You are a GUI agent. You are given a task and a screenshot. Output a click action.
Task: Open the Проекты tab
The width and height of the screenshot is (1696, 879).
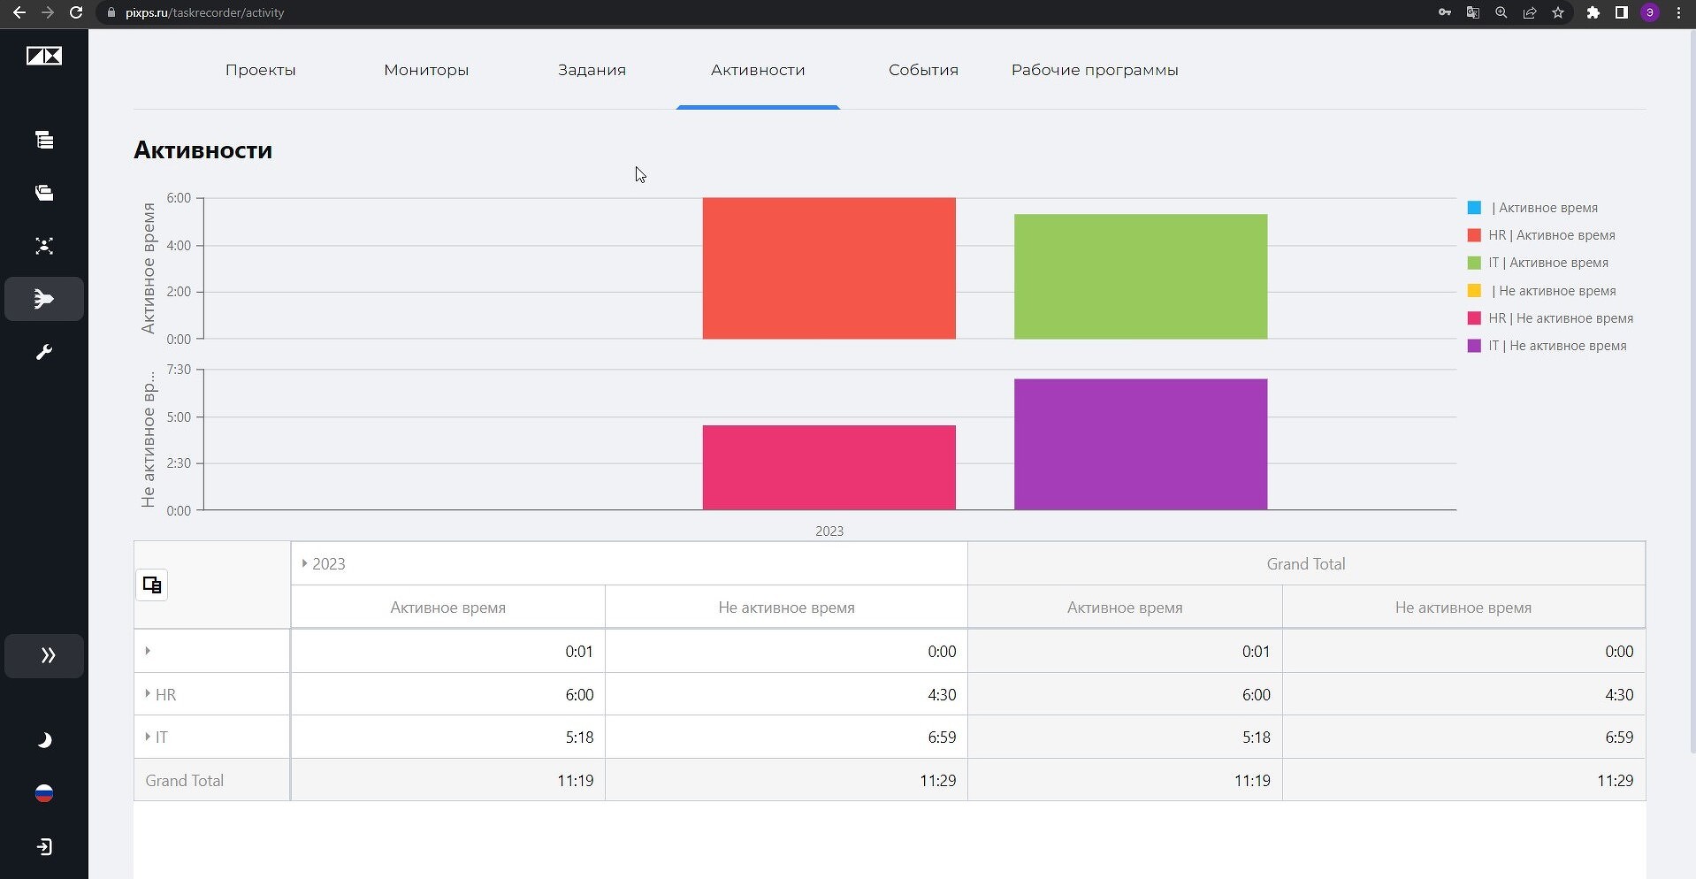click(x=260, y=70)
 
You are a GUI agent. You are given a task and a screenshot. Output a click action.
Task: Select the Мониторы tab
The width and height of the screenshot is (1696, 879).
click(x=426, y=70)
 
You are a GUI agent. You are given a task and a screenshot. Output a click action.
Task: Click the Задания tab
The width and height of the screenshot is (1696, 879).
click(x=592, y=70)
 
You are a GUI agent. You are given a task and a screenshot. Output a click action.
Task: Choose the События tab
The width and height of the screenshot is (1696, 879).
click(x=923, y=70)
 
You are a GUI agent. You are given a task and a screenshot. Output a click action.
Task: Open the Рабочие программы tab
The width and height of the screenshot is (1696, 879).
click(x=1095, y=70)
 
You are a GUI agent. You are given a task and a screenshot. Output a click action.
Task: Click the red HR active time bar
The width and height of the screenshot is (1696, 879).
click(x=829, y=268)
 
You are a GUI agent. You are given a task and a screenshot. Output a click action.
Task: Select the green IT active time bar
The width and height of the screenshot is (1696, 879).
click(x=1141, y=277)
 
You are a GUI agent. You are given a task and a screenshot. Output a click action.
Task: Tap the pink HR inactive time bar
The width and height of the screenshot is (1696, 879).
click(x=829, y=468)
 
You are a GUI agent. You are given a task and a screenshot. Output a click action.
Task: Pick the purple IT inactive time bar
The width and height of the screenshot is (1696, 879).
click(x=1141, y=445)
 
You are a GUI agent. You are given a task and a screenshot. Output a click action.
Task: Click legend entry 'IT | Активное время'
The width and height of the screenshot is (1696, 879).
click(x=1547, y=263)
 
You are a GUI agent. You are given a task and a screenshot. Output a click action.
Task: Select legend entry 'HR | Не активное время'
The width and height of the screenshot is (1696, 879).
click(x=1560, y=318)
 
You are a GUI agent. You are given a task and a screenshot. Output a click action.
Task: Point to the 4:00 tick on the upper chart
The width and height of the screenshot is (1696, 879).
click(x=179, y=245)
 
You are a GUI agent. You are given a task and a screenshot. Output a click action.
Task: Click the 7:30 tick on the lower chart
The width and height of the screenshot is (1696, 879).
click(x=179, y=369)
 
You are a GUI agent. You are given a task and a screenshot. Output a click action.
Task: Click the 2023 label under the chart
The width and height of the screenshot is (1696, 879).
click(x=829, y=531)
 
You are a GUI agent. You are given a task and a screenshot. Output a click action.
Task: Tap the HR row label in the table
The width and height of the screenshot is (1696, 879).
click(x=165, y=695)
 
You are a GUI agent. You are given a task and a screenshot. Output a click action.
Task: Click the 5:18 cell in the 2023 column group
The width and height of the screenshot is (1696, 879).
click(x=579, y=738)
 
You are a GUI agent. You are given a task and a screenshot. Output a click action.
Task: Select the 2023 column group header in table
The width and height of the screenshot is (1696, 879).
click(x=328, y=564)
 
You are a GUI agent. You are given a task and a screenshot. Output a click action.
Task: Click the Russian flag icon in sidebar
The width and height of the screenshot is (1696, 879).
click(x=44, y=793)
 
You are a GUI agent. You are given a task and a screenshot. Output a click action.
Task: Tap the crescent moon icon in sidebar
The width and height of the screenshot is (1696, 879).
click(x=44, y=740)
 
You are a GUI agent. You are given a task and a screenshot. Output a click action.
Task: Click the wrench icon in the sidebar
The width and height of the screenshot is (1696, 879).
click(x=44, y=352)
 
